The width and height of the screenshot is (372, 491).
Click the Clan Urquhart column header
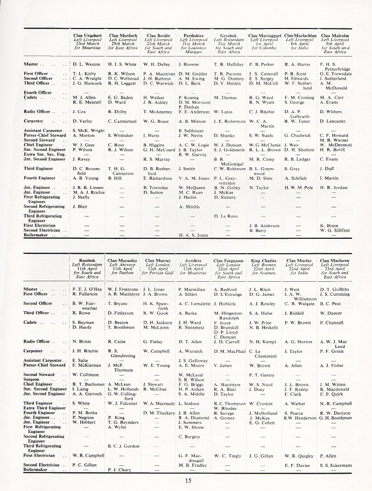tap(87, 35)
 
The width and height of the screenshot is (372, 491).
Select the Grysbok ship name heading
tap(228, 35)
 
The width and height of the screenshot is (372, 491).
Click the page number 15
tap(188, 480)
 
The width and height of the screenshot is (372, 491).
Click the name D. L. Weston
tap(86, 64)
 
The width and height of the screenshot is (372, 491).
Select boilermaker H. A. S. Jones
tap(193, 235)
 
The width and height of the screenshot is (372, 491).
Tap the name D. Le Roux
tap(226, 216)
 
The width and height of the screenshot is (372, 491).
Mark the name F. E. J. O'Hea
tap(87, 289)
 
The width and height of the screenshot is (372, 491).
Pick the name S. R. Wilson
tap(191, 379)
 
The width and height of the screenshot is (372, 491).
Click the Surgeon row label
tap(33, 379)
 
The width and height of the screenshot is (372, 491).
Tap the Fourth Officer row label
tap(38, 92)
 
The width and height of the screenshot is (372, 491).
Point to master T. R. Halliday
tap(228, 64)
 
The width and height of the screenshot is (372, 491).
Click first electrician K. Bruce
tap(329, 226)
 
